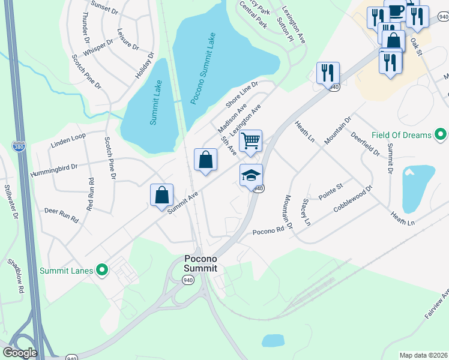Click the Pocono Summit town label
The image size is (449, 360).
200,263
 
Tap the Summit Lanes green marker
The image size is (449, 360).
101,271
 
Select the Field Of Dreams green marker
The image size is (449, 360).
441,135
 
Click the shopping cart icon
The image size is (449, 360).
250,141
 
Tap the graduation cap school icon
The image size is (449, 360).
252,175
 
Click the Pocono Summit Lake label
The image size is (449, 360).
203,68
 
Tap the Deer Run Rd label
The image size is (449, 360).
62,215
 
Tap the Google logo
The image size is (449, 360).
20,352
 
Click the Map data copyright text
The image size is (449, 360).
423,355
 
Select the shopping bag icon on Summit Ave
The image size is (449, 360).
161,195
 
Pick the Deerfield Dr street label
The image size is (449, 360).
365,144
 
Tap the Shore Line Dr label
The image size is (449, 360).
241,94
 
